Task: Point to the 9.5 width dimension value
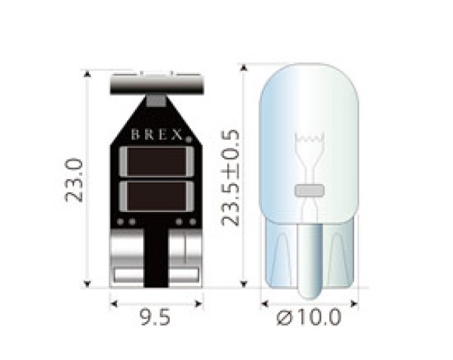(x=156, y=317)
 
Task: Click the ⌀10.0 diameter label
(x=310, y=318)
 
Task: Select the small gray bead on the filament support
(x=310, y=189)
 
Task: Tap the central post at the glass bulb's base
(x=310, y=257)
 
